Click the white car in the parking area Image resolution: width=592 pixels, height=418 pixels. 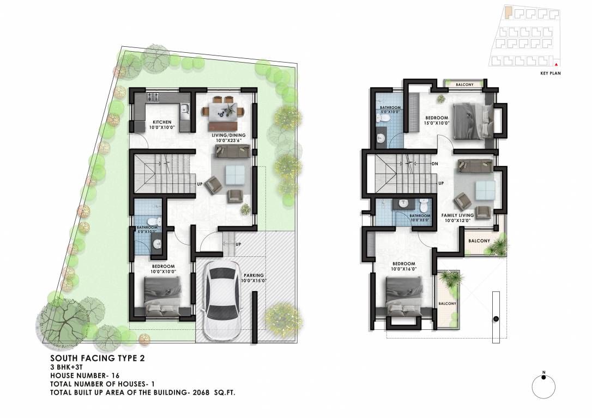221,297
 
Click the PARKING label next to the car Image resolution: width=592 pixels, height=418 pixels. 254,275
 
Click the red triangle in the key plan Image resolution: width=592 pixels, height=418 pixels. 555,64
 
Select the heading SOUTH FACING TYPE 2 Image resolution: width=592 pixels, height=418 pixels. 98,358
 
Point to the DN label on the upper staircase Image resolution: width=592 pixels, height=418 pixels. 434,163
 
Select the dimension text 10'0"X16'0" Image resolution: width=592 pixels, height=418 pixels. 404,269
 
